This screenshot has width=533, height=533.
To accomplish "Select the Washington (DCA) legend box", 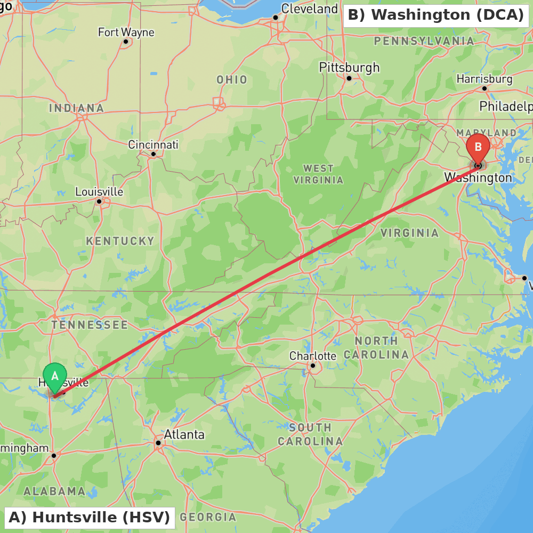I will [x=435, y=15].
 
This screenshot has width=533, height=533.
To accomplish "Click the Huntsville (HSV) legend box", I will [x=90, y=517].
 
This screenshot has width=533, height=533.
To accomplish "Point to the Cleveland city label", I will [x=309, y=9].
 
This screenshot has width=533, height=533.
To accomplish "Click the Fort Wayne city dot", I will [x=126, y=42].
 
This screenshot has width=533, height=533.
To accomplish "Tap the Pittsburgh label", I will [x=349, y=68].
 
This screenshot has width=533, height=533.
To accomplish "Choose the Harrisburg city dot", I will [x=484, y=88].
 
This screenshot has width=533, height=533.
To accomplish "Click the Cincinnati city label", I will [x=153, y=145].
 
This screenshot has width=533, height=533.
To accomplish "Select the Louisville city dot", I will [x=99, y=201].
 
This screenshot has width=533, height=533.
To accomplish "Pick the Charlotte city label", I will [x=313, y=356].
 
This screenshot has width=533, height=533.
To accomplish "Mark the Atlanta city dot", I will [x=158, y=442].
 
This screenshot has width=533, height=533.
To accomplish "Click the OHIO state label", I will [x=232, y=80].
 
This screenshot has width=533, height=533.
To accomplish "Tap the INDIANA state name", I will [x=76, y=108].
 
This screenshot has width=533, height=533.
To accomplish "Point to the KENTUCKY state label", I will [x=120, y=241].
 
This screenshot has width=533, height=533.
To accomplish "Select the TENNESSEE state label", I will [x=90, y=325].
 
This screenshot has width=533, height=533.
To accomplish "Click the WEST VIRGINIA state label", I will [x=318, y=174].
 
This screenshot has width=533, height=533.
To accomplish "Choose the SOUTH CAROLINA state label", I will [x=310, y=434].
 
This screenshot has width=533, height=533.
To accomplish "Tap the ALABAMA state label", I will [x=54, y=491].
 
